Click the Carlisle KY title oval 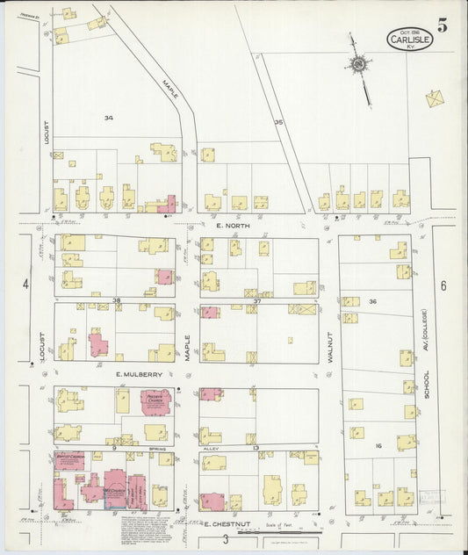(410, 39)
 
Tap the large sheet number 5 (443, 25)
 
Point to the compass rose (358, 64)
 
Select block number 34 (108, 118)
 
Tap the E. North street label (233, 226)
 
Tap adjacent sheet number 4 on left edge (26, 284)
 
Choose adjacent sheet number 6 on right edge (443, 285)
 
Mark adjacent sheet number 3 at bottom (225, 538)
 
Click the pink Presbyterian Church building (156, 402)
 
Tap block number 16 (378, 446)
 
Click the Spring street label (157, 448)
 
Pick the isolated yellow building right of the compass (435, 98)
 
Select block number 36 (372, 301)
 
